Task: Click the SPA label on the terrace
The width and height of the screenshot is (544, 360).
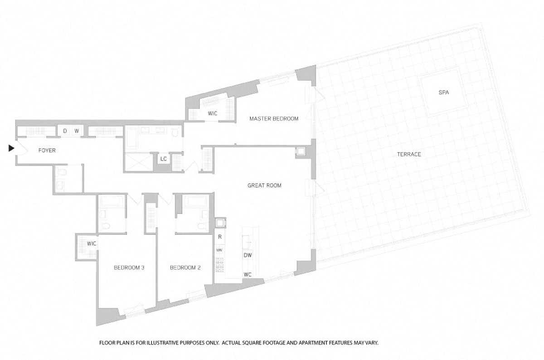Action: click(x=443, y=92)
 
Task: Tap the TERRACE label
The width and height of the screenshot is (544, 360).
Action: click(x=409, y=154)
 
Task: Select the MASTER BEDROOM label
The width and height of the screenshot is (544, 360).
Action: click(x=274, y=119)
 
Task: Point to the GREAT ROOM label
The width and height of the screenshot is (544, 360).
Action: click(x=264, y=185)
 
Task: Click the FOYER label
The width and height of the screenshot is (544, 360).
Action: click(x=47, y=150)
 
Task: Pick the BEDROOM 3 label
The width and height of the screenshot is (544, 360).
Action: click(x=129, y=268)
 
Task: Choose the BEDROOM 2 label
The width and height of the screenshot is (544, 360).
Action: click(x=185, y=268)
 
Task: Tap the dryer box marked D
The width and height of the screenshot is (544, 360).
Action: click(x=65, y=131)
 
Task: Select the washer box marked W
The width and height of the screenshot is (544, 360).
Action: click(x=77, y=131)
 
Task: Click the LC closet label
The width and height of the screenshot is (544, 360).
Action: click(x=164, y=159)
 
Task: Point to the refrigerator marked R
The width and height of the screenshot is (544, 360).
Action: click(x=219, y=237)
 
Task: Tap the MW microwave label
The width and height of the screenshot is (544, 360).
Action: click(x=219, y=250)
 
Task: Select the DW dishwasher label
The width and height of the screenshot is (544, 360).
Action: click(x=248, y=255)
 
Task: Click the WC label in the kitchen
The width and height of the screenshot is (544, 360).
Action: click(x=248, y=274)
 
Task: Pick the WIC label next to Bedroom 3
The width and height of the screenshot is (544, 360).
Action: click(x=92, y=243)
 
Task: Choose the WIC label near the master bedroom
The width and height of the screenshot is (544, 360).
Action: click(x=213, y=113)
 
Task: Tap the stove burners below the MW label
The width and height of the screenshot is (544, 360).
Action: click(x=219, y=263)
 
